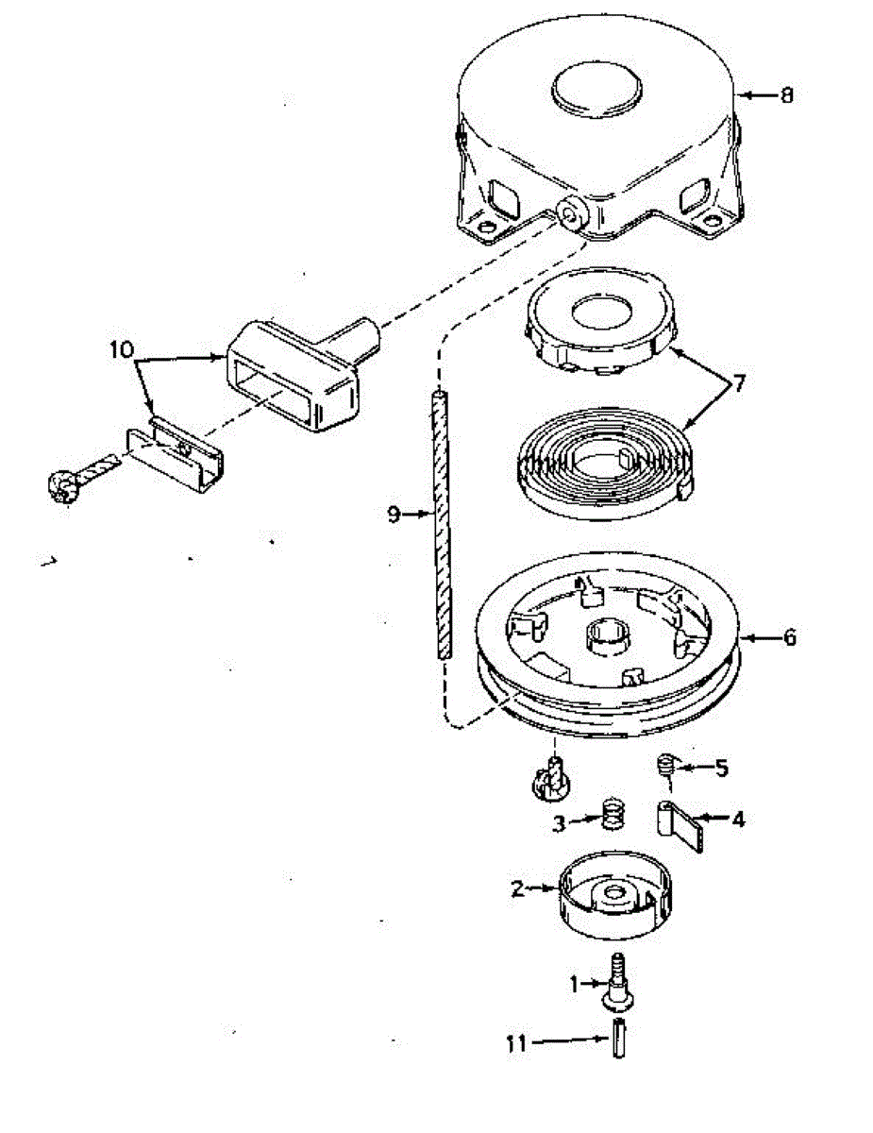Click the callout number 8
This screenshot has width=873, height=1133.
click(x=787, y=94)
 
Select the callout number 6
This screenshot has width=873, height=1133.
click(x=789, y=637)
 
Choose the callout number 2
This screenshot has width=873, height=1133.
click(x=517, y=888)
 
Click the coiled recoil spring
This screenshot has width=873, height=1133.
click(x=602, y=458)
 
